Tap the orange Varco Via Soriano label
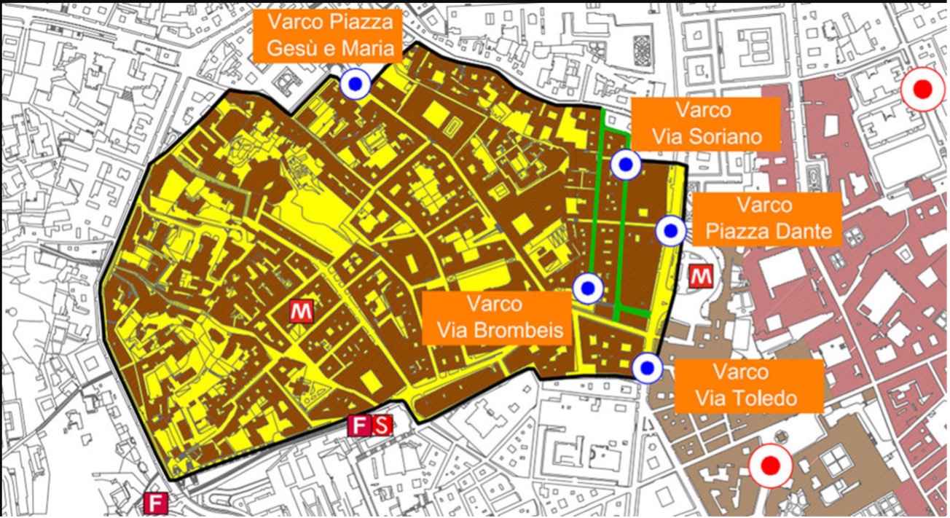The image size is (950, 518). (x=706, y=123)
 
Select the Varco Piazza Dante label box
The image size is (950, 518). (x=763, y=219)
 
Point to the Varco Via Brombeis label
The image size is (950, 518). (x=495, y=318)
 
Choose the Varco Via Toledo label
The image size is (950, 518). (x=749, y=385)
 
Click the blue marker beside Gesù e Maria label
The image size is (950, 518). (x=356, y=85)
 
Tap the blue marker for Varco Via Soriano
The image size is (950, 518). (x=625, y=165)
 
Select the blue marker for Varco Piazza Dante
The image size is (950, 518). (x=670, y=232)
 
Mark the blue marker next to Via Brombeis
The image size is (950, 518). (x=588, y=289)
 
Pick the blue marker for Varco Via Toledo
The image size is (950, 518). (x=645, y=368)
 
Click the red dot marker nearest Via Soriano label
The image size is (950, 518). (x=922, y=90)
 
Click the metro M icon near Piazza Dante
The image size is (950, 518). (x=701, y=276)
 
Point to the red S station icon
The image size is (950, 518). (x=382, y=425)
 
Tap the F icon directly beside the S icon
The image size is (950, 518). (x=358, y=425)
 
